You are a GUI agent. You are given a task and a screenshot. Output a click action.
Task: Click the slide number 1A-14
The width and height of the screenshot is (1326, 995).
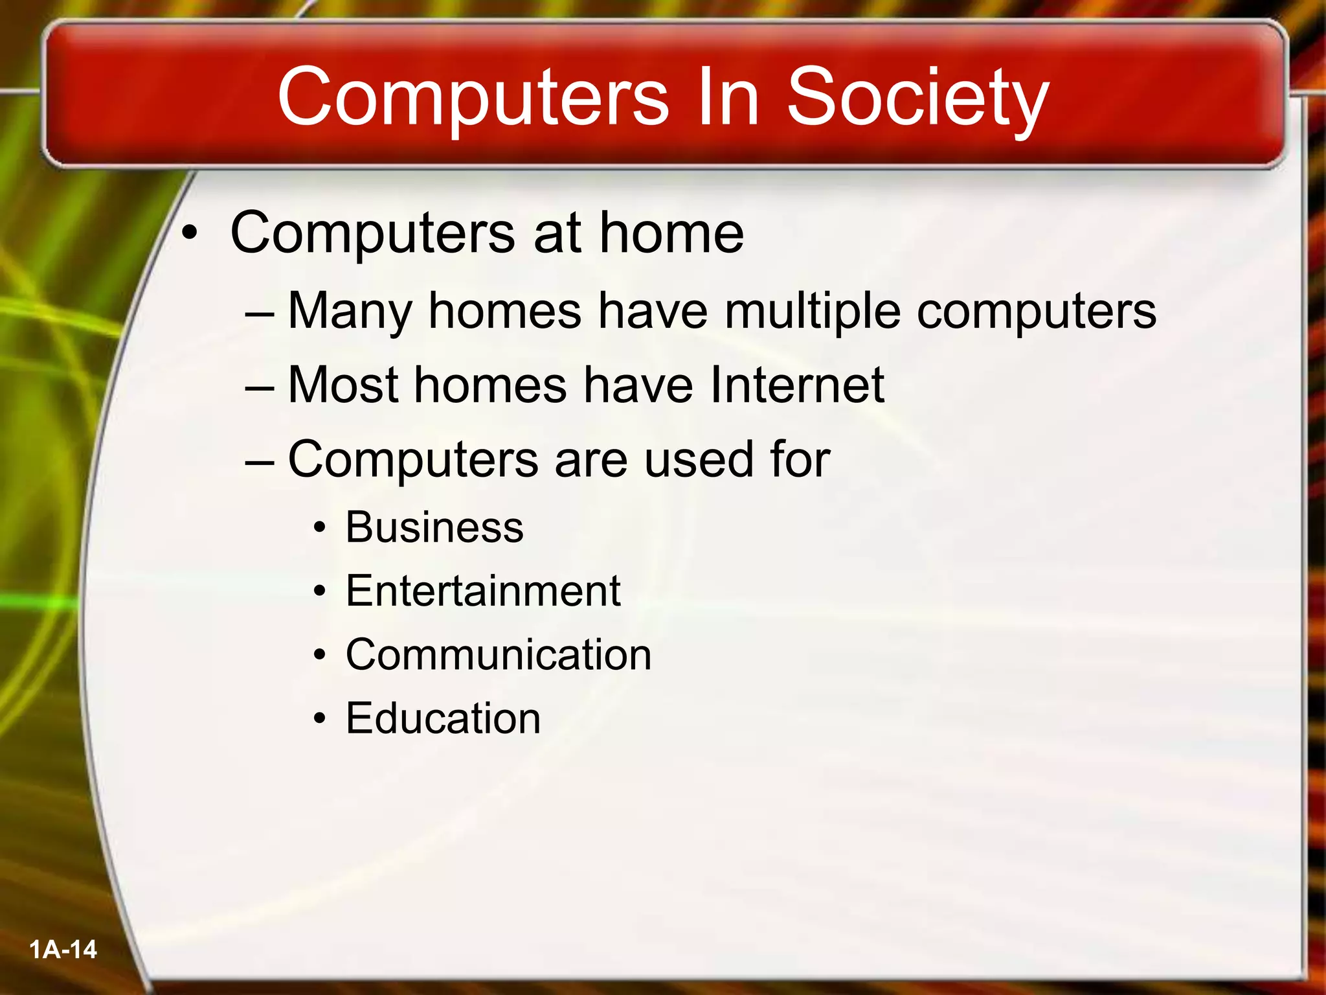click(63, 950)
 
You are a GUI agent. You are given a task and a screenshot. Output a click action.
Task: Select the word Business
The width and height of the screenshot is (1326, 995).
click(434, 527)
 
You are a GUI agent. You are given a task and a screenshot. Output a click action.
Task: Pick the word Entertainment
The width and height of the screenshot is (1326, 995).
click(483, 591)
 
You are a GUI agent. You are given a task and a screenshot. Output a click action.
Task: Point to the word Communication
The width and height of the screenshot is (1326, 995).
click(499, 654)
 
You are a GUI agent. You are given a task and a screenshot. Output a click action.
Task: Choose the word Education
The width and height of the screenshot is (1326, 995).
click(443, 718)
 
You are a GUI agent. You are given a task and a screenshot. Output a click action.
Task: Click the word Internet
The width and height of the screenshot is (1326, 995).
click(797, 385)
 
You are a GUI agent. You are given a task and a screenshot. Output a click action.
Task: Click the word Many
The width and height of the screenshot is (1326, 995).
click(350, 312)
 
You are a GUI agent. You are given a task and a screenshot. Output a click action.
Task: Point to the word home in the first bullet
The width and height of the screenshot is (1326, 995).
click(671, 233)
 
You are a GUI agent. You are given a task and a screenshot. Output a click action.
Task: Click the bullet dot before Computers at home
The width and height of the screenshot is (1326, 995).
click(188, 234)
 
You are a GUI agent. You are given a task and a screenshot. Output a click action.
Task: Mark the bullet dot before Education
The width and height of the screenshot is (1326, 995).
click(319, 719)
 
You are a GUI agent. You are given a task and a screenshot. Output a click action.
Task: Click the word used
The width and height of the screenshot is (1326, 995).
click(699, 459)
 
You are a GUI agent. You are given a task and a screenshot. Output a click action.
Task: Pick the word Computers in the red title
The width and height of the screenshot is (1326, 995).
click(473, 98)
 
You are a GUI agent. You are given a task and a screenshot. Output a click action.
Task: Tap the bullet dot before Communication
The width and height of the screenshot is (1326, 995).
click(319, 656)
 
